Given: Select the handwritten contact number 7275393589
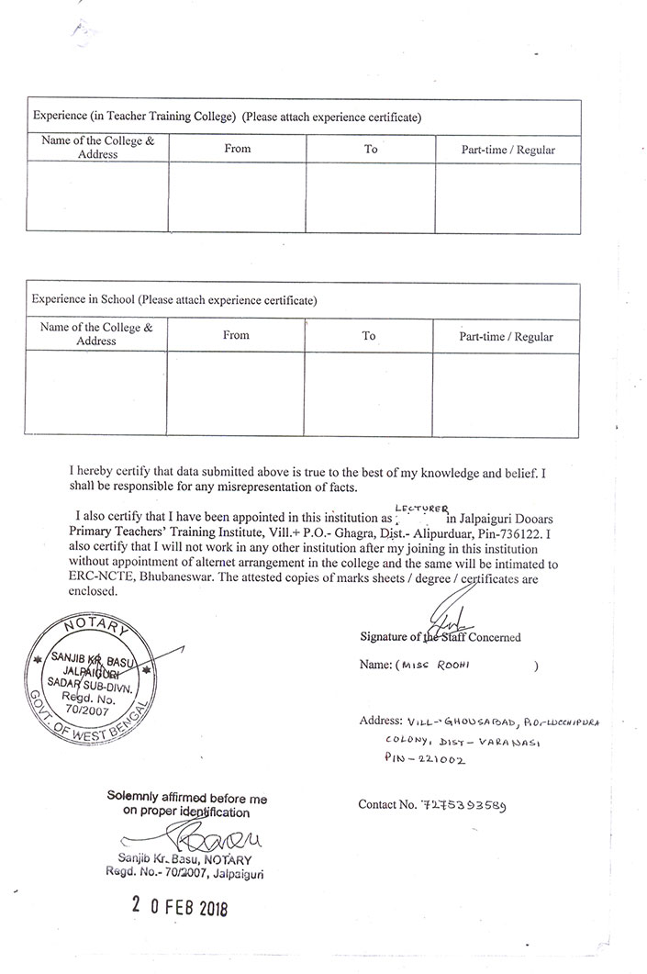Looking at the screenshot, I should [x=467, y=806].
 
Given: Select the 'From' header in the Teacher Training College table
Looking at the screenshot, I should [x=237, y=148].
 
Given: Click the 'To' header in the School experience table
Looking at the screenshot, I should [x=368, y=336].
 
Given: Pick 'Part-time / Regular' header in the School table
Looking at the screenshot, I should [x=506, y=337].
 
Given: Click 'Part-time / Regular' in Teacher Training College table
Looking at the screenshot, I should [x=508, y=150].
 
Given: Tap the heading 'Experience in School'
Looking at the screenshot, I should [x=84, y=299].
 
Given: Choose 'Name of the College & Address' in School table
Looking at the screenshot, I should [x=96, y=333].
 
